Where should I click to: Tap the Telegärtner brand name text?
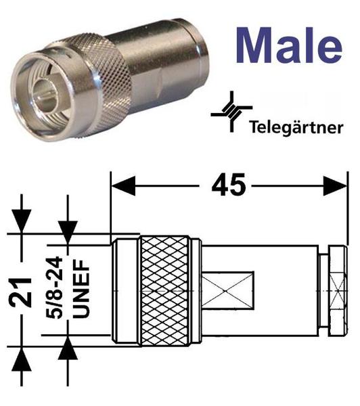[296, 127]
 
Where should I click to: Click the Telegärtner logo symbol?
[231, 112]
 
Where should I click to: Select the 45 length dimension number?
[228, 185]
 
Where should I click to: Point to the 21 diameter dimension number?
[20, 292]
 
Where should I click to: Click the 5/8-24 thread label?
[54, 287]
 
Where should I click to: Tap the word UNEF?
[81, 289]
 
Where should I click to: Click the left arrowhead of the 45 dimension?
[123, 185]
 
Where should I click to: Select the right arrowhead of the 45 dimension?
[334, 185]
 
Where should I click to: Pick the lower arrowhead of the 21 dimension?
[22, 359]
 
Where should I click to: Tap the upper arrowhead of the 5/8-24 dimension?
[68, 232]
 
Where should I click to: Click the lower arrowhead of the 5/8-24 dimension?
[68, 348]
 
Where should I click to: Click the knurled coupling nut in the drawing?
[165, 291]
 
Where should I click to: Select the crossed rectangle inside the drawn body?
[227, 291]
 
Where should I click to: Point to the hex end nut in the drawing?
[338, 291]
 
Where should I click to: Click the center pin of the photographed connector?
[47, 98]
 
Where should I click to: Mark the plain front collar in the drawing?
[126, 291]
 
